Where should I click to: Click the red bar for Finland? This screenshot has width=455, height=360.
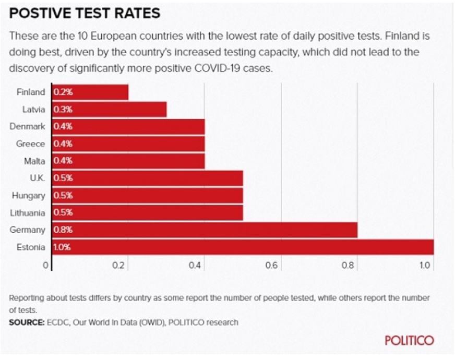coord(90,92)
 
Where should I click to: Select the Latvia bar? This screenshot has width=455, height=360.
coord(110,110)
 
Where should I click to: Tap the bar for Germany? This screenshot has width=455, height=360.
coord(205,230)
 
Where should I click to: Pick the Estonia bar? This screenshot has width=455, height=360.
coord(243,247)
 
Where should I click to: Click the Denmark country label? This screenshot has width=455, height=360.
coord(27,126)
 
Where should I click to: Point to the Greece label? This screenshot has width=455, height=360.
coord(30,144)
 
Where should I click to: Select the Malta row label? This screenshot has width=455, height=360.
coord(34,161)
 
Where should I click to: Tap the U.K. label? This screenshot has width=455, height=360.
coord(38,178)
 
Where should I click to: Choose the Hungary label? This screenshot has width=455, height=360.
coord(28,196)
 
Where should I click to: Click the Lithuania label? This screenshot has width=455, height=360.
coord(28,213)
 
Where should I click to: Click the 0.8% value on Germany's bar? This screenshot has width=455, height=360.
coord(63,230)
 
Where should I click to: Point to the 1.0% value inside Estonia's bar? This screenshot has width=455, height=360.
coord(62,247)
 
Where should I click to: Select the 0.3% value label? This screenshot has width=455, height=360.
coord(63,110)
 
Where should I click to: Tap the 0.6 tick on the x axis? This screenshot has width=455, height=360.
coord(272,265)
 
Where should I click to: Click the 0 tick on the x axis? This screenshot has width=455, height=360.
coord(45,265)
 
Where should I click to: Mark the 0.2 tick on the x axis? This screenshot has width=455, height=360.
coord(118,265)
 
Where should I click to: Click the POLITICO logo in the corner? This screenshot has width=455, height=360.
coord(410,340)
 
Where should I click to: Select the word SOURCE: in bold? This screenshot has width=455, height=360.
coord(27,322)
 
